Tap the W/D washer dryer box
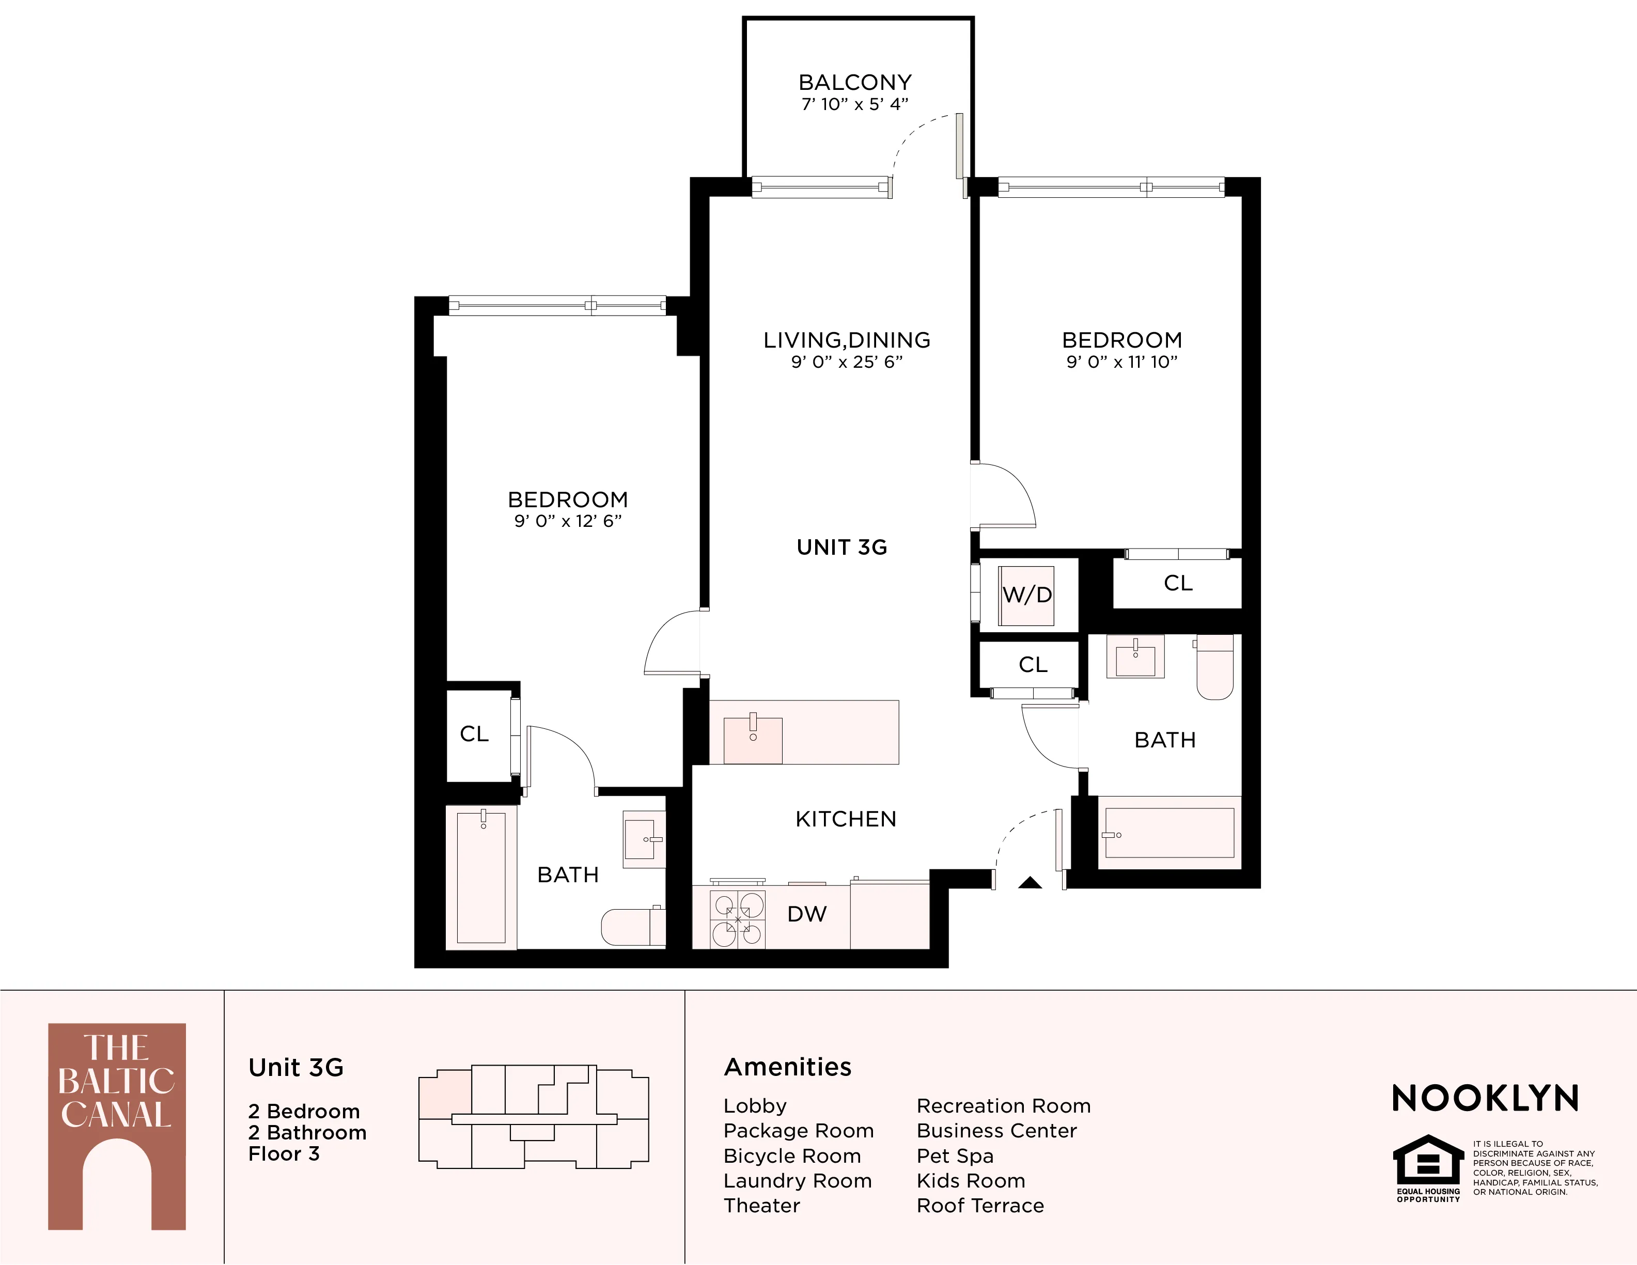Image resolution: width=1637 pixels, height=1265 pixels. point(1027,595)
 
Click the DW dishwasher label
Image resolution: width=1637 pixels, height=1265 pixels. point(806,914)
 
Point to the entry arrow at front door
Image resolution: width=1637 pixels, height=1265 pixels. point(1030,883)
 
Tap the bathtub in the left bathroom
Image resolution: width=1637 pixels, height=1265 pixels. point(481,877)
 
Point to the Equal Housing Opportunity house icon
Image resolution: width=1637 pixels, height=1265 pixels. point(1428,1162)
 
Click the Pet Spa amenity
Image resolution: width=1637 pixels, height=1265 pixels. point(955,1155)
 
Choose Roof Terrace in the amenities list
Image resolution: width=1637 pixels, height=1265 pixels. point(979,1206)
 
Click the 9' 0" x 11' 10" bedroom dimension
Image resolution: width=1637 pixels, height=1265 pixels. point(1122,362)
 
